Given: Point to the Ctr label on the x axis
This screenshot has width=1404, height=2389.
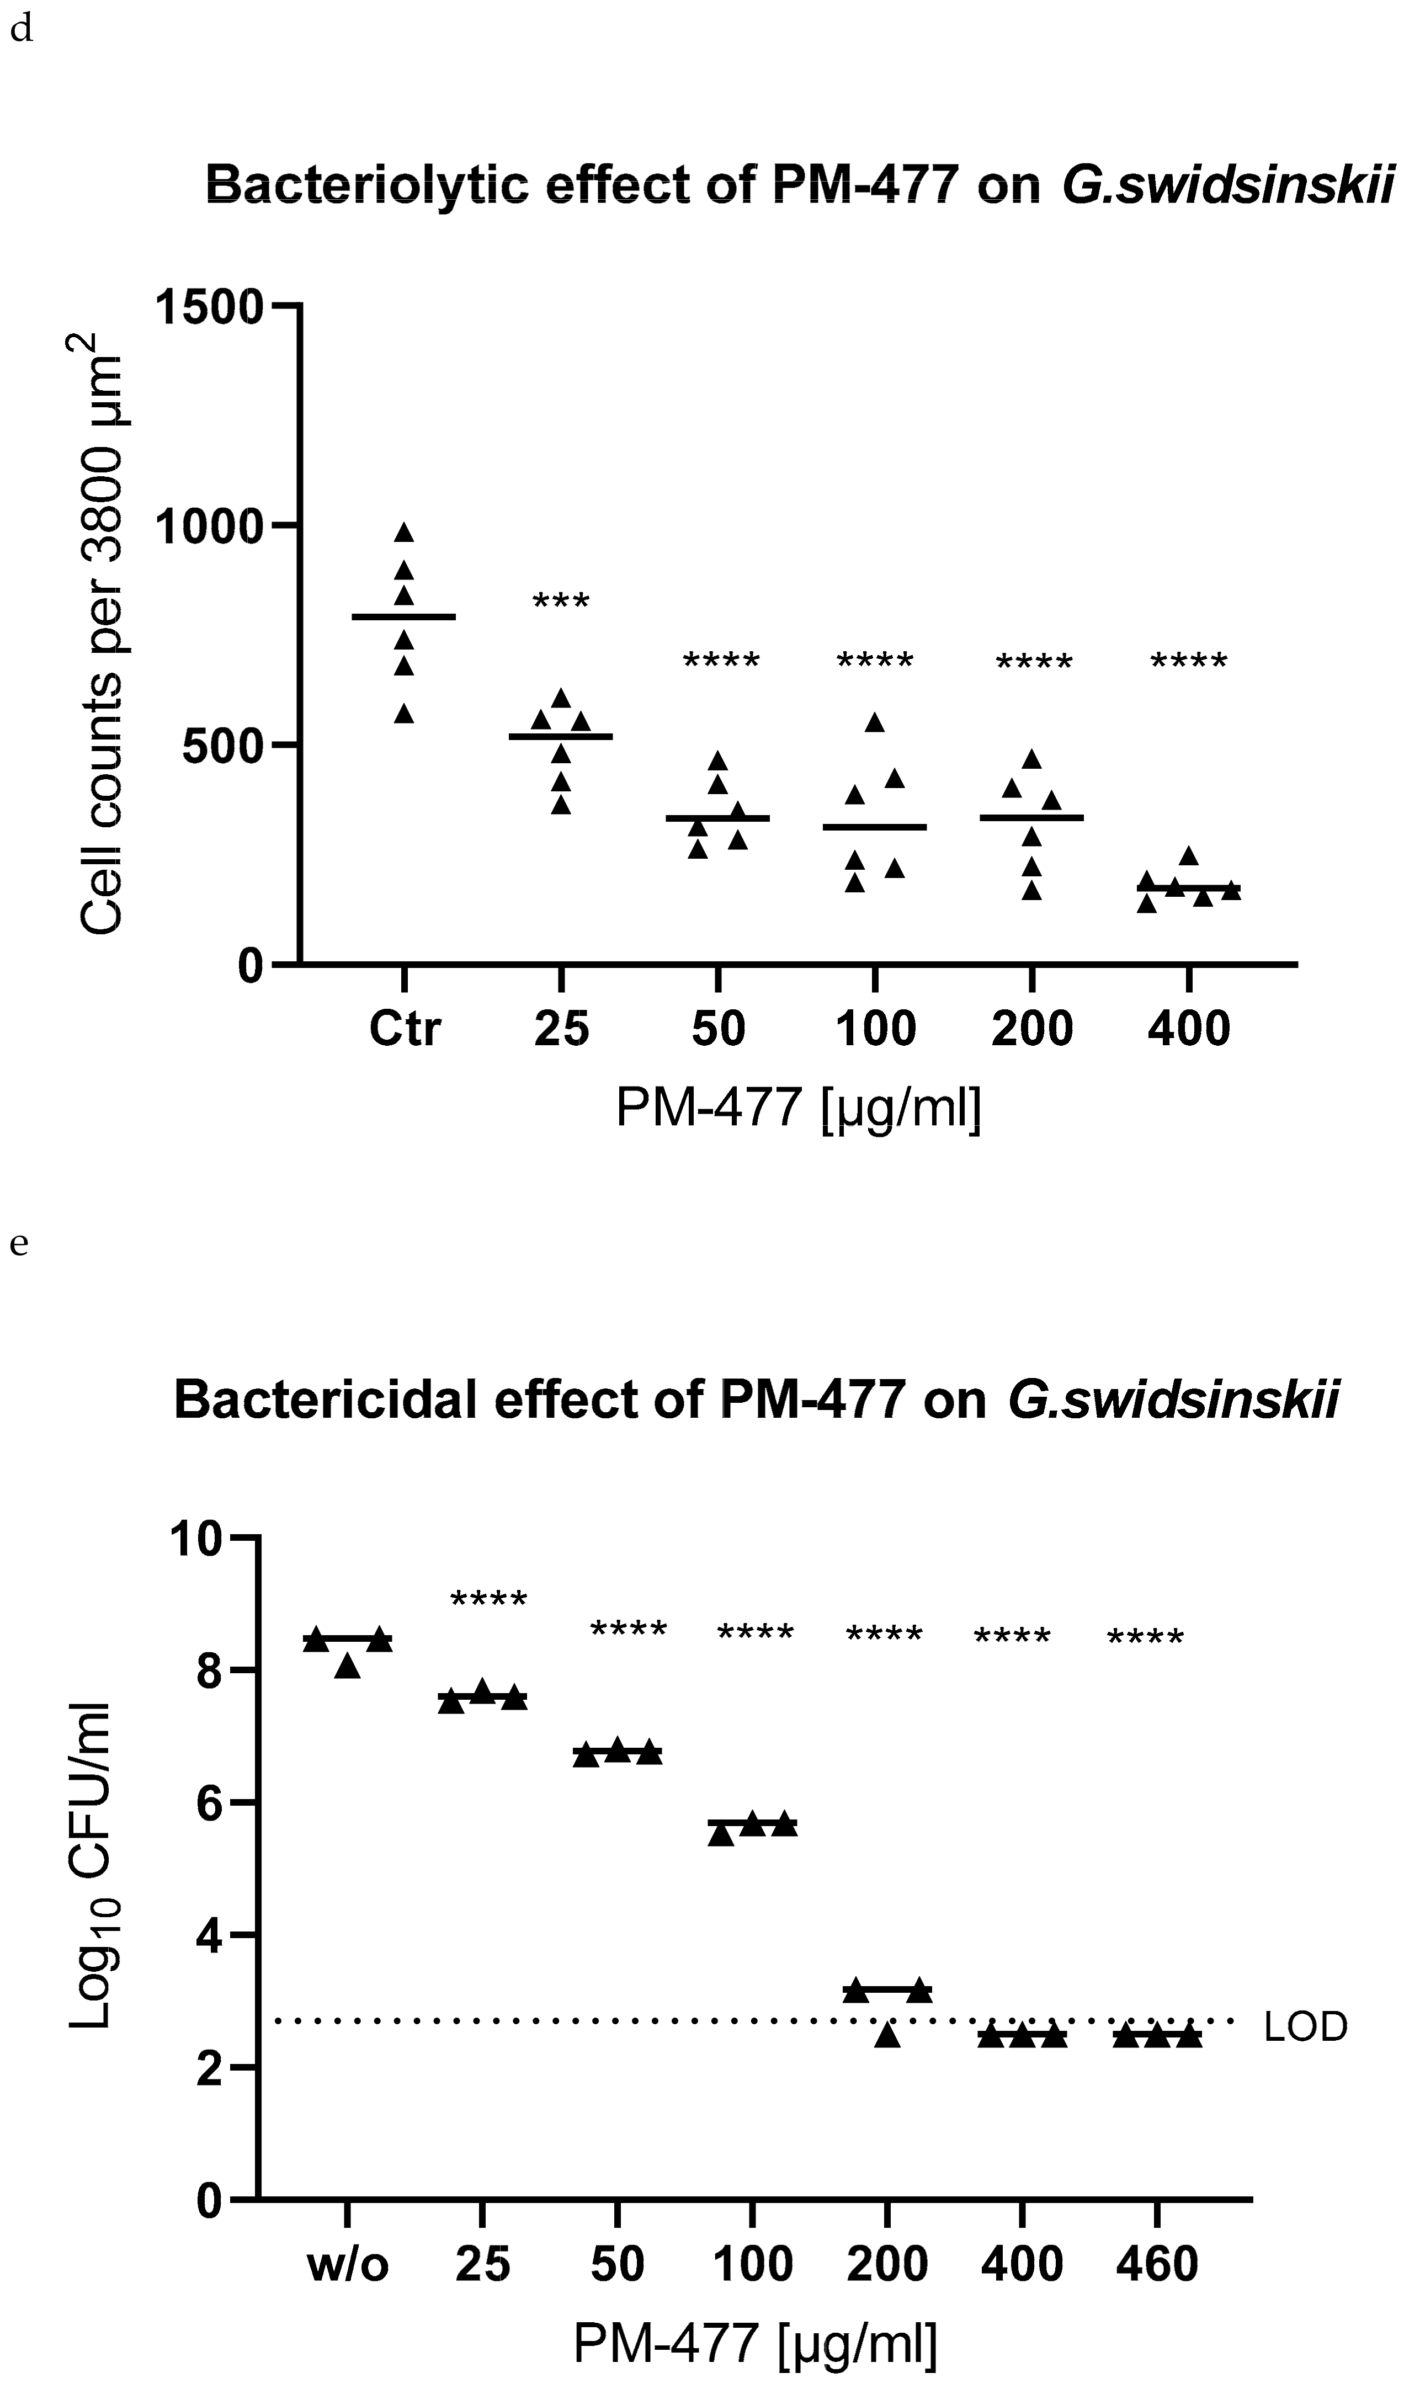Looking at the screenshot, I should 405,1029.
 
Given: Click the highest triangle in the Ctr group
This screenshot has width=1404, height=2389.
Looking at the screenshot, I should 405,532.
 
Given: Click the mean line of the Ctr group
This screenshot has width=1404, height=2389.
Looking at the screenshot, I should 404,617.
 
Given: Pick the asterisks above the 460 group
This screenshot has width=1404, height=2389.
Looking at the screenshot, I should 1145,1640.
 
